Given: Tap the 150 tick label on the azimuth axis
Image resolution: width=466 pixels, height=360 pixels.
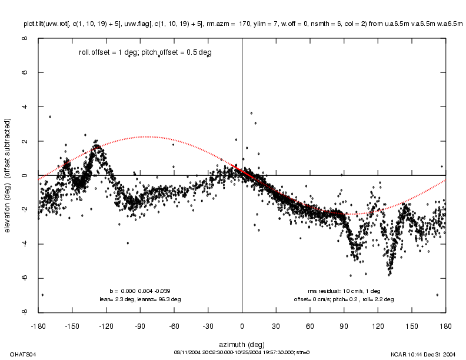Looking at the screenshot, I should pyautogui.click(x=411, y=325).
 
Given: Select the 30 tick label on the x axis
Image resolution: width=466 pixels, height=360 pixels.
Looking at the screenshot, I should pyautogui.click(x=276, y=325).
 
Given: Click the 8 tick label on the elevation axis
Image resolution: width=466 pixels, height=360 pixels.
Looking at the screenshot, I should pyautogui.click(x=24, y=39).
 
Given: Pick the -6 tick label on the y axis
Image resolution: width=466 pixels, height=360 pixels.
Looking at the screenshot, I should pyautogui.click(x=24, y=278).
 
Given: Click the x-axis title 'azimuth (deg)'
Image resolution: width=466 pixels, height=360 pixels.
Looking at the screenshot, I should pyautogui.click(x=242, y=344).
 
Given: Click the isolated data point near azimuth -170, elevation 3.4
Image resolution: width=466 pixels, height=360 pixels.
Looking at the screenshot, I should pyautogui.click(x=50, y=116).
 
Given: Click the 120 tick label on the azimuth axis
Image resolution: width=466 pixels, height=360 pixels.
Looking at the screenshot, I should pyautogui.click(x=377, y=325).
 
